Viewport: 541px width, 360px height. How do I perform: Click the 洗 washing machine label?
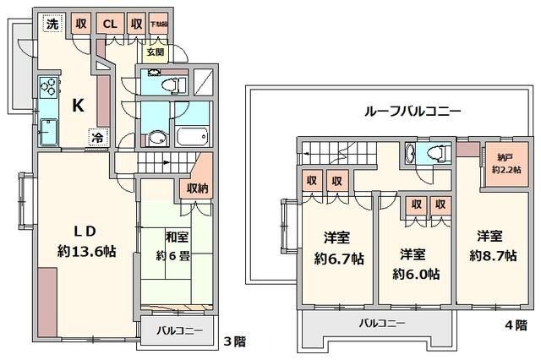click(52, 24)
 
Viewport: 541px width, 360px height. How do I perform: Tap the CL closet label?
click(110, 24)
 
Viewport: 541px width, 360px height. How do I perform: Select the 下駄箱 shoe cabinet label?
click(158, 24)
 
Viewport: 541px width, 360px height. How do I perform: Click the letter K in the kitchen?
click(77, 106)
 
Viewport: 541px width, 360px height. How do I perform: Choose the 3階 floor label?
click(233, 342)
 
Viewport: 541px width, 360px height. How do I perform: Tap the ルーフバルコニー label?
click(411, 111)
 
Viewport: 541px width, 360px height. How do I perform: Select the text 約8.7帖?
click(495, 256)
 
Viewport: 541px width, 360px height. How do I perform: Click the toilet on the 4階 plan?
click(434, 153)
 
